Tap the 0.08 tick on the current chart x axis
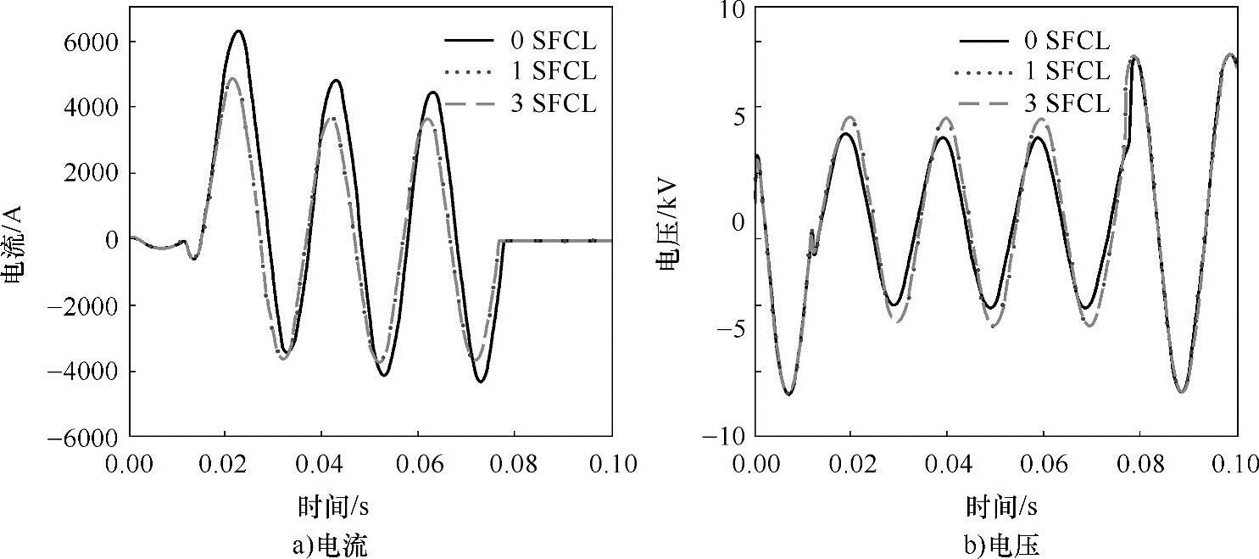click(x=515, y=464)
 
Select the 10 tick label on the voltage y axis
click(x=731, y=11)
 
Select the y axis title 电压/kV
click(x=669, y=226)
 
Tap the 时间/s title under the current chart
click(x=333, y=507)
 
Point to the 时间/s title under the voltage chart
click(x=1001, y=507)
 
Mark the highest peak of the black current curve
click(x=239, y=31)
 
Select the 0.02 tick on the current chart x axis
click(x=226, y=464)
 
